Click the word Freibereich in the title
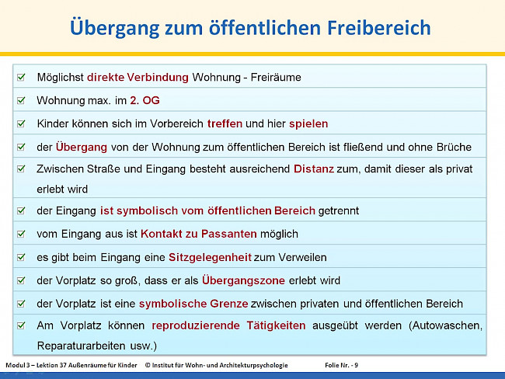[374, 28]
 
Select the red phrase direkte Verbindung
[138, 78]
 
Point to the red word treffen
[225, 123]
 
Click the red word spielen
[308, 123]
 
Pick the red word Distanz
[314, 169]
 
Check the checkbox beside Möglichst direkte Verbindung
[21, 78]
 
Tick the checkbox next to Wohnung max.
[21, 100]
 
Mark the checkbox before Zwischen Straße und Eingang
[21, 169]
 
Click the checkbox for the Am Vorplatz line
[21, 326]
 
